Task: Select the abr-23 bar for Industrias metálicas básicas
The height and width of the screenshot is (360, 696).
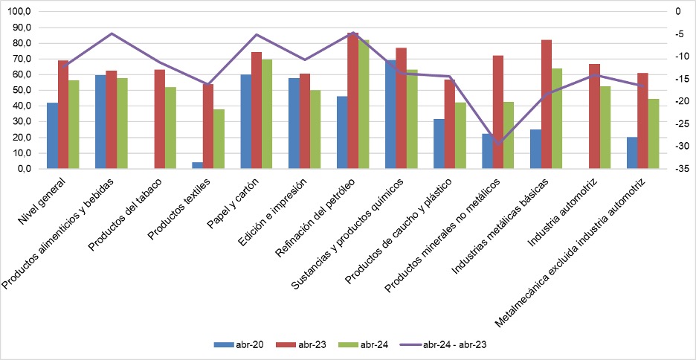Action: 547,104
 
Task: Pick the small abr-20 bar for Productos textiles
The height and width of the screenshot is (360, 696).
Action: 197,165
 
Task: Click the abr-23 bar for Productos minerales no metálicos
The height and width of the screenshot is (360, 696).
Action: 498,112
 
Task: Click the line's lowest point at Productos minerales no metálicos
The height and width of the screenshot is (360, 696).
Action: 498,143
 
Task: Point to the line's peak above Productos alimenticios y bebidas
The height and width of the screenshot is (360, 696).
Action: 112,33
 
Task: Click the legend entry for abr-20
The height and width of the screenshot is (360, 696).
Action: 234,345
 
